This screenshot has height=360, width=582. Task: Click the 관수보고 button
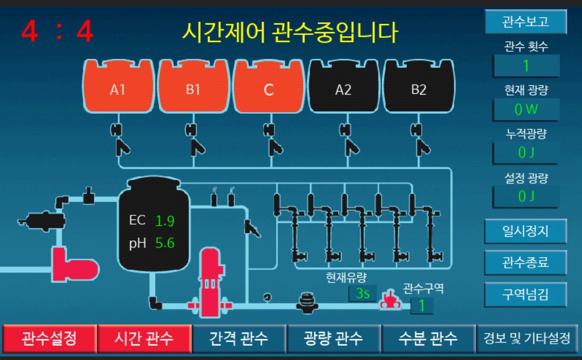tap(525, 22)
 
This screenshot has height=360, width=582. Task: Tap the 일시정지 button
tap(525, 230)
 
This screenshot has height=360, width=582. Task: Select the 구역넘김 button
tap(525, 293)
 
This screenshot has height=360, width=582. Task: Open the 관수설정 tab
tap(49, 338)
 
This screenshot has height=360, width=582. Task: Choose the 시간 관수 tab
tap(144, 338)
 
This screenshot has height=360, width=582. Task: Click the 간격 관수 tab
tap(239, 338)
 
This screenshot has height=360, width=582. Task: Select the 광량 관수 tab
tap(333, 338)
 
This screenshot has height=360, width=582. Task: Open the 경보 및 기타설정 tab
tap(523, 338)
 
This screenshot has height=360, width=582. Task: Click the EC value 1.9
tap(165, 221)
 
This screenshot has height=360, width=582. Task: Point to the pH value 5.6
tap(165, 243)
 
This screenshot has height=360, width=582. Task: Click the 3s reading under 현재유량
tap(363, 293)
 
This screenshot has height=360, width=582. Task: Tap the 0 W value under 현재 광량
tap(526, 109)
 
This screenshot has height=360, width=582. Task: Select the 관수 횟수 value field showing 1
tap(526, 65)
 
